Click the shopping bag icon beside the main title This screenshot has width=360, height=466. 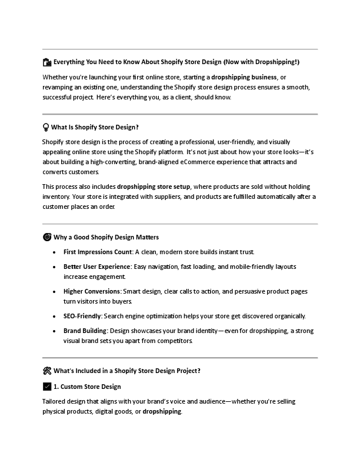46,62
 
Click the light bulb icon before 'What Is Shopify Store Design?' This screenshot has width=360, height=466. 46,127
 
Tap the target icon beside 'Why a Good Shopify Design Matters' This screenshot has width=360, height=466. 46,237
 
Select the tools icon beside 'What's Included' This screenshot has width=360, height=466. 46,371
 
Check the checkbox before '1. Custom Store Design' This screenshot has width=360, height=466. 46,387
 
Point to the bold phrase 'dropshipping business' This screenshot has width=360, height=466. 244,77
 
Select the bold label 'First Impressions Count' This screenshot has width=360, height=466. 98,252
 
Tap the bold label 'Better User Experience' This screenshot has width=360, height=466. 97,267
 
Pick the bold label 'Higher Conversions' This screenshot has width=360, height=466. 92,291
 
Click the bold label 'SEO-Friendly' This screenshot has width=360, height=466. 82,316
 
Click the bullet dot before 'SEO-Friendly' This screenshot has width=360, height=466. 55,316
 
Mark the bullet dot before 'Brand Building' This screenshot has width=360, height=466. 55,331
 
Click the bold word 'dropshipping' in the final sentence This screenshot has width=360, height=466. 162,411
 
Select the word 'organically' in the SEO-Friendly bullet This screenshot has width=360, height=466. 288,316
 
